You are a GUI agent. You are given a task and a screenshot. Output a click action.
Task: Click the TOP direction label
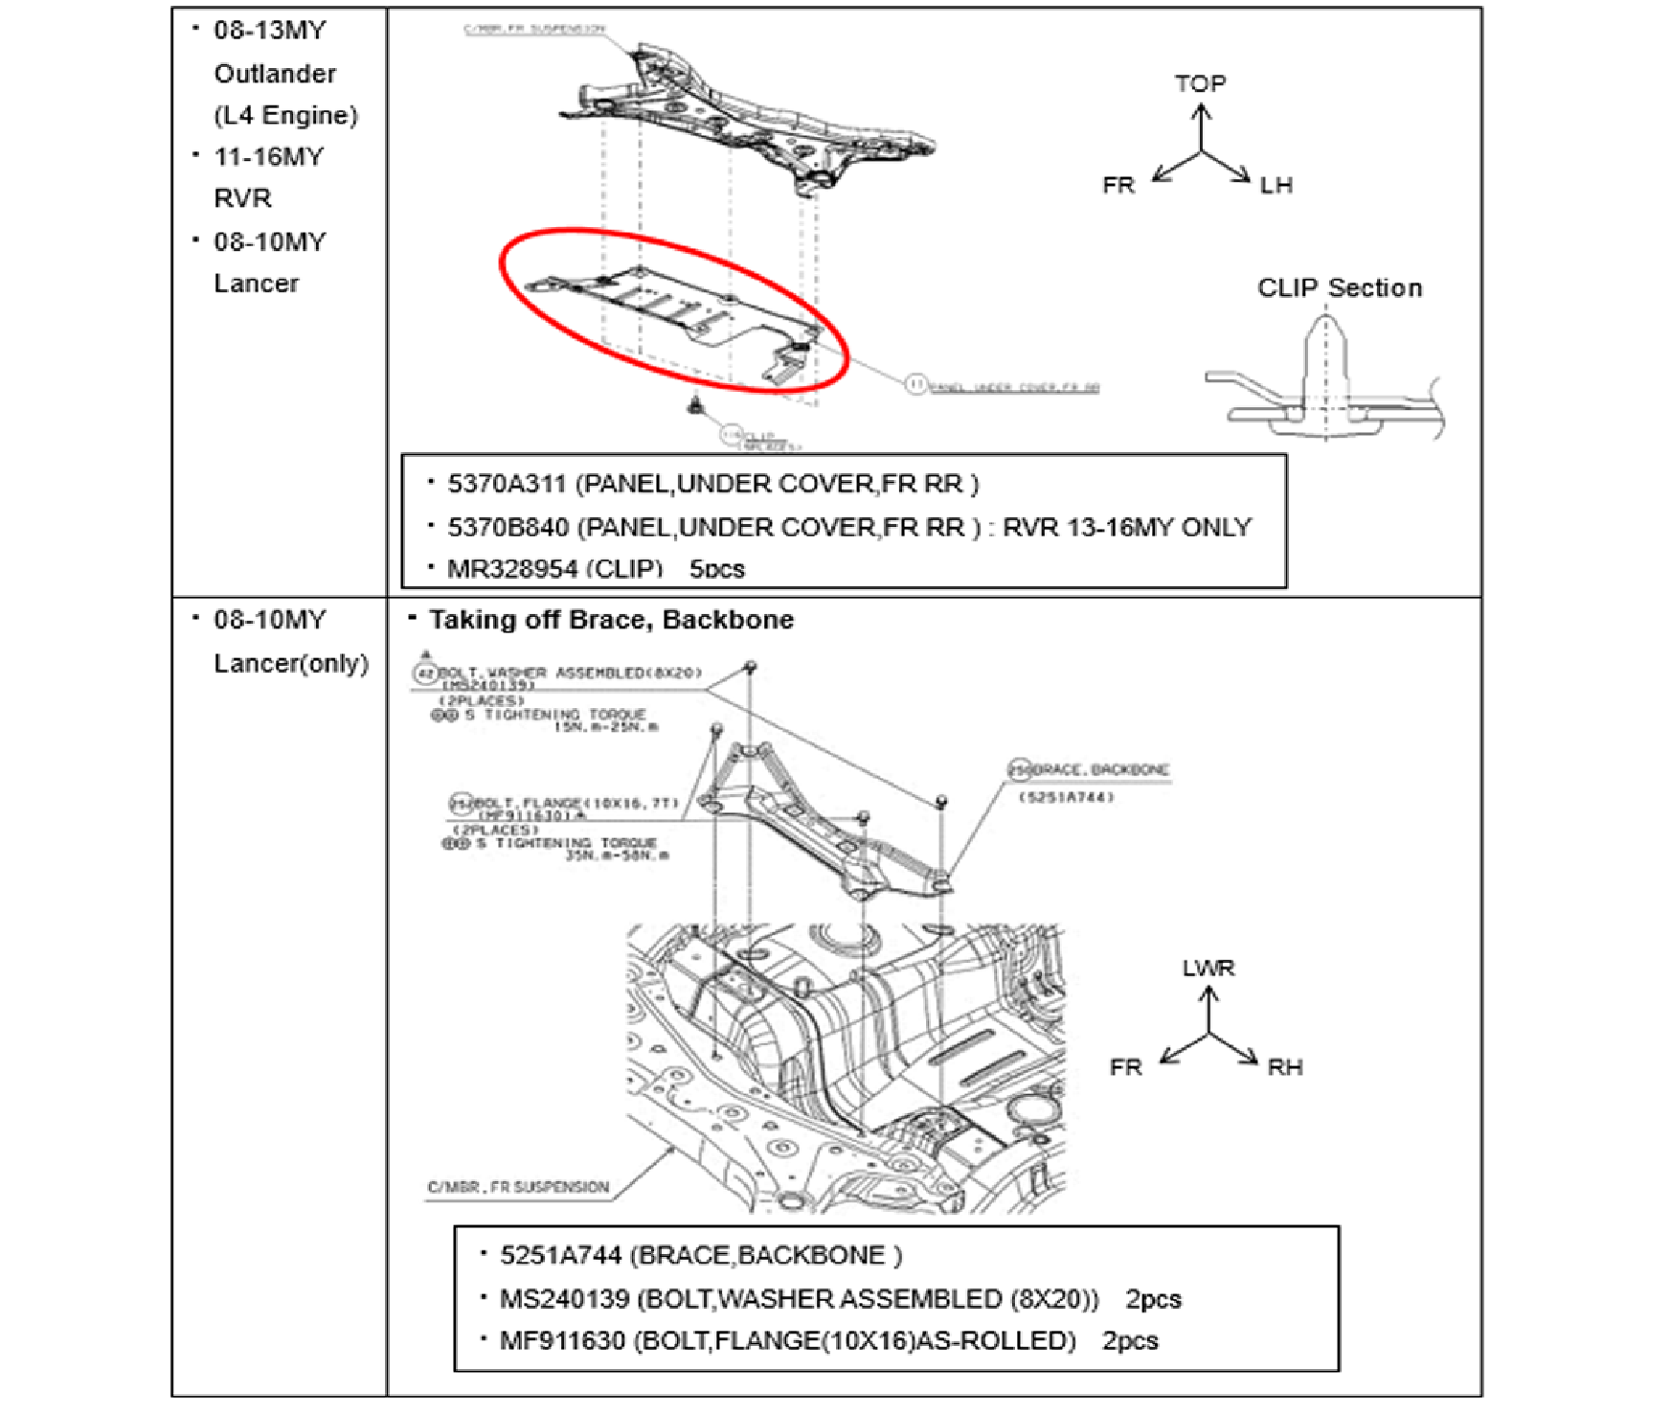tap(1200, 84)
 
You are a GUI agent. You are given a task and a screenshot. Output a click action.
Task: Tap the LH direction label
tap(1276, 186)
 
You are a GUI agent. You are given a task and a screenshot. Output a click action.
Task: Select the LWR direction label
tap(1208, 969)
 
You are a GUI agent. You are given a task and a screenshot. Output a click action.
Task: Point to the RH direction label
tap(1284, 1067)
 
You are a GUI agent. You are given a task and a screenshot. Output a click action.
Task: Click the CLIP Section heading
tap(1339, 288)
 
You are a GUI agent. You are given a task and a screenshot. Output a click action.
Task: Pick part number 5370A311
tap(507, 484)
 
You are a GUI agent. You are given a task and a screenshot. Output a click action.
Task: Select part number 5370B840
tap(508, 527)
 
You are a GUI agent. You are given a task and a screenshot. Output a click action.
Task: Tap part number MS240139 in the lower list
tap(564, 1299)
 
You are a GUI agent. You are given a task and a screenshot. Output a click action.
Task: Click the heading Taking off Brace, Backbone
tap(611, 620)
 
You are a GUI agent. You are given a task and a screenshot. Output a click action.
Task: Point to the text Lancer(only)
tap(291, 663)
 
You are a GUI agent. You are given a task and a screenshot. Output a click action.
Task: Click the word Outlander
tap(275, 74)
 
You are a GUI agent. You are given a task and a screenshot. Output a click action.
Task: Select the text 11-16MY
tap(269, 157)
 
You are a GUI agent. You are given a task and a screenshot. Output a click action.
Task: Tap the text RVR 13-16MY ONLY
tap(1126, 527)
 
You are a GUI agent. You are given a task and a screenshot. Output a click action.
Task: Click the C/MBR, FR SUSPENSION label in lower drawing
tap(518, 1187)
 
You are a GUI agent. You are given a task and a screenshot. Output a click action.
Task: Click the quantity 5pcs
tap(716, 569)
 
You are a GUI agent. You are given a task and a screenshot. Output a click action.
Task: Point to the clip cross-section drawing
tap(1325, 383)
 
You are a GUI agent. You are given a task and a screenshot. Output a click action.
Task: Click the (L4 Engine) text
tap(285, 116)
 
